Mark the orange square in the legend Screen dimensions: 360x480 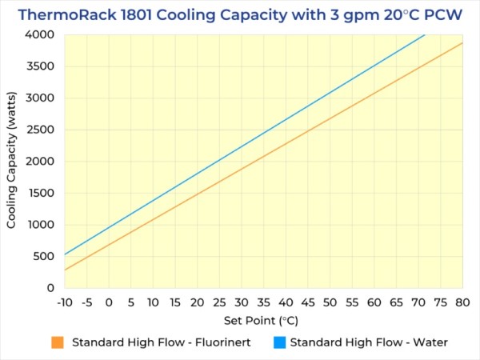pos(57,342)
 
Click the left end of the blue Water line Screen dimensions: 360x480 pos(65,254)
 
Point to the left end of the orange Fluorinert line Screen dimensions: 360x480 pos(65,270)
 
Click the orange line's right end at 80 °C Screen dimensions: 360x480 pos(462,43)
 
